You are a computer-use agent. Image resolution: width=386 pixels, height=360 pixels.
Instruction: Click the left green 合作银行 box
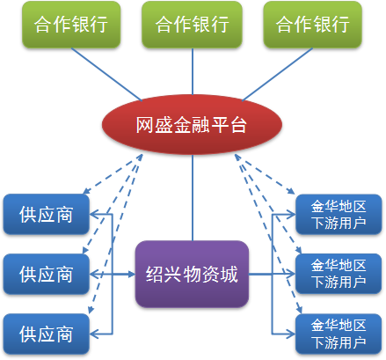click(71, 25)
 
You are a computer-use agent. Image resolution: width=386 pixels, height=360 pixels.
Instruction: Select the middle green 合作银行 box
click(192, 25)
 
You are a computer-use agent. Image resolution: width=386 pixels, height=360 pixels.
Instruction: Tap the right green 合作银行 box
click(312, 25)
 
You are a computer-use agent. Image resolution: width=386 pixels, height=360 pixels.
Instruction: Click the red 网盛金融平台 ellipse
click(192, 124)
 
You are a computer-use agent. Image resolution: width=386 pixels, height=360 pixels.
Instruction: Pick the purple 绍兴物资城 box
click(192, 275)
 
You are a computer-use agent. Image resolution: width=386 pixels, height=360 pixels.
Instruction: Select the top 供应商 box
click(46, 214)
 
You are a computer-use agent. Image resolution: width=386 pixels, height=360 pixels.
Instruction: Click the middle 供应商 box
click(46, 274)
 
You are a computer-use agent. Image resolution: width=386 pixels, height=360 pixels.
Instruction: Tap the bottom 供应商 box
click(46, 334)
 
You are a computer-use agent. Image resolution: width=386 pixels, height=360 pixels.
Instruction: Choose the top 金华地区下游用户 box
click(339, 214)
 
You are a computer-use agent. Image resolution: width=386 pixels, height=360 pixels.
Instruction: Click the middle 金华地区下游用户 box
click(339, 274)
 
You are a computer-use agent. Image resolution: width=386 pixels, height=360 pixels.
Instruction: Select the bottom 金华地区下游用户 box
click(339, 334)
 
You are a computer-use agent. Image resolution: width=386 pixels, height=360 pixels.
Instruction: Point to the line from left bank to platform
click(106, 74)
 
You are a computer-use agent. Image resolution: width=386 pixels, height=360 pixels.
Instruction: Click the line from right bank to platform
click(277, 74)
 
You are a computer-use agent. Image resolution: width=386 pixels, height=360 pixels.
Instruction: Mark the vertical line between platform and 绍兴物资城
click(193, 198)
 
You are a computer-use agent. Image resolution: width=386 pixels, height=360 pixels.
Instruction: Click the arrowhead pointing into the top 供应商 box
click(94, 214)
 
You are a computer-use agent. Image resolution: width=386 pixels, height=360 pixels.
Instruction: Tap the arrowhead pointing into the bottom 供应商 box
click(94, 334)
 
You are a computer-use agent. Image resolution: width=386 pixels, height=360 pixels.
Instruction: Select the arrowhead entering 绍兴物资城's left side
click(131, 275)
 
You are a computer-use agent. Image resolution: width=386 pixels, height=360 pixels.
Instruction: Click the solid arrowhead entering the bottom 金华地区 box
click(291, 334)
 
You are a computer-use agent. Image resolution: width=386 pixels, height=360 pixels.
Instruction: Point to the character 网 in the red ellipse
click(145, 125)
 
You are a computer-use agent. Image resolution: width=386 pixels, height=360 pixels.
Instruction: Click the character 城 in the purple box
click(229, 275)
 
